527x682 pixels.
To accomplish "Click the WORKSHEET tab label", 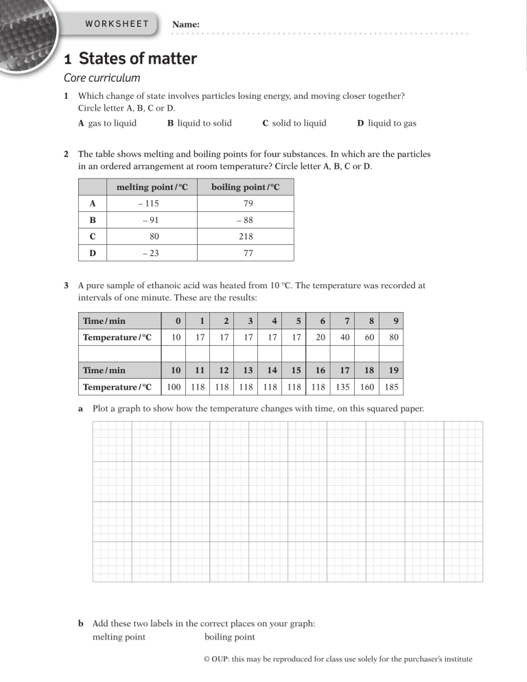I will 117,24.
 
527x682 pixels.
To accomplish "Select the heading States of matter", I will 138,59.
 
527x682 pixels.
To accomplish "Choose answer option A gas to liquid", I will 107,124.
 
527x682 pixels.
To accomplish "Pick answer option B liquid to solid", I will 199,124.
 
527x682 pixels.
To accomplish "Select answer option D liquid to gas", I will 387,124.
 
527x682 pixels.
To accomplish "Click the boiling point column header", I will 245,187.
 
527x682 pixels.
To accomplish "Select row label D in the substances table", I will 92,253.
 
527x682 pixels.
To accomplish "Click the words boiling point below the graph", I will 229,637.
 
